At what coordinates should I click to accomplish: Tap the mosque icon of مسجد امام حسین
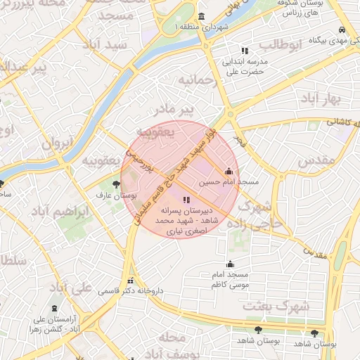tap(229, 171)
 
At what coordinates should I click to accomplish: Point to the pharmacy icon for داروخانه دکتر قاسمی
tap(128, 279)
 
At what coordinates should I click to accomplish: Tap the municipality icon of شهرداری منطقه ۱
tap(202, 17)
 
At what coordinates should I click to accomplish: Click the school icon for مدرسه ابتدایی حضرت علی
tap(245, 51)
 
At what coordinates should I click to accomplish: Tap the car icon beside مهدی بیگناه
tap(341, 30)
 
